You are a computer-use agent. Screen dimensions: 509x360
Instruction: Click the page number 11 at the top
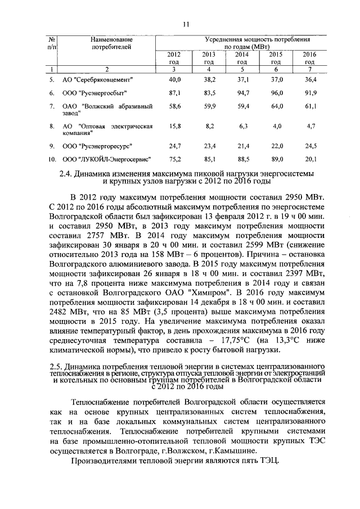point(187,23)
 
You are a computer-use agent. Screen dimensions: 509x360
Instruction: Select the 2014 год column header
point(242,57)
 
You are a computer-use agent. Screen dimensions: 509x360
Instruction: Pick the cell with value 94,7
point(243,92)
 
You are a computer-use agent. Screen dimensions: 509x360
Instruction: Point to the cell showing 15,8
point(174,127)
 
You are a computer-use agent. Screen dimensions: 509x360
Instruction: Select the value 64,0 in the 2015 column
point(276,105)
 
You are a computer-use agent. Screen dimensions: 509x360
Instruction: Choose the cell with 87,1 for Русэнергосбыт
point(174,92)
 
